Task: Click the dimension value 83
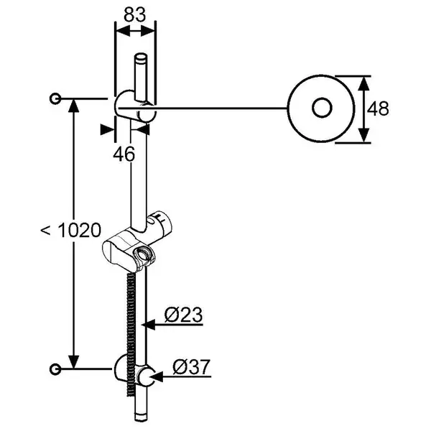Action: click(134, 14)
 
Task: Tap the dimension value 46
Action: click(124, 154)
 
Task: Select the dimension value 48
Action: click(378, 108)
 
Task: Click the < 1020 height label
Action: click(71, 230)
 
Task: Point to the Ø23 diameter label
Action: click(183, 315)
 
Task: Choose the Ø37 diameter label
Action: click(192, 366)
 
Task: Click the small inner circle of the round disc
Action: click(322, 108)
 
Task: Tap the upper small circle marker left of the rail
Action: click(55, 98)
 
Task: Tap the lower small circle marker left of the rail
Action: click(55, 369)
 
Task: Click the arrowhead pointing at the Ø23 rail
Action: click(149, 325)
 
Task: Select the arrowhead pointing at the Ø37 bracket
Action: click(156, 376)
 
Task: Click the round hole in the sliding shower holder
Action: click(143, 254)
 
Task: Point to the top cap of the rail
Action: click(141, 57)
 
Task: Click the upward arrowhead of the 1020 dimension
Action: click(73, 106)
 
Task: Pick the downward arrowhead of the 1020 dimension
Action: click(73, 362)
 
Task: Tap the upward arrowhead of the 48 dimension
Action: click(363, 83)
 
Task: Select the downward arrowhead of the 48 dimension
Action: click(363, 136)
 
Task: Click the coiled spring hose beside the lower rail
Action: click(131, 334)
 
